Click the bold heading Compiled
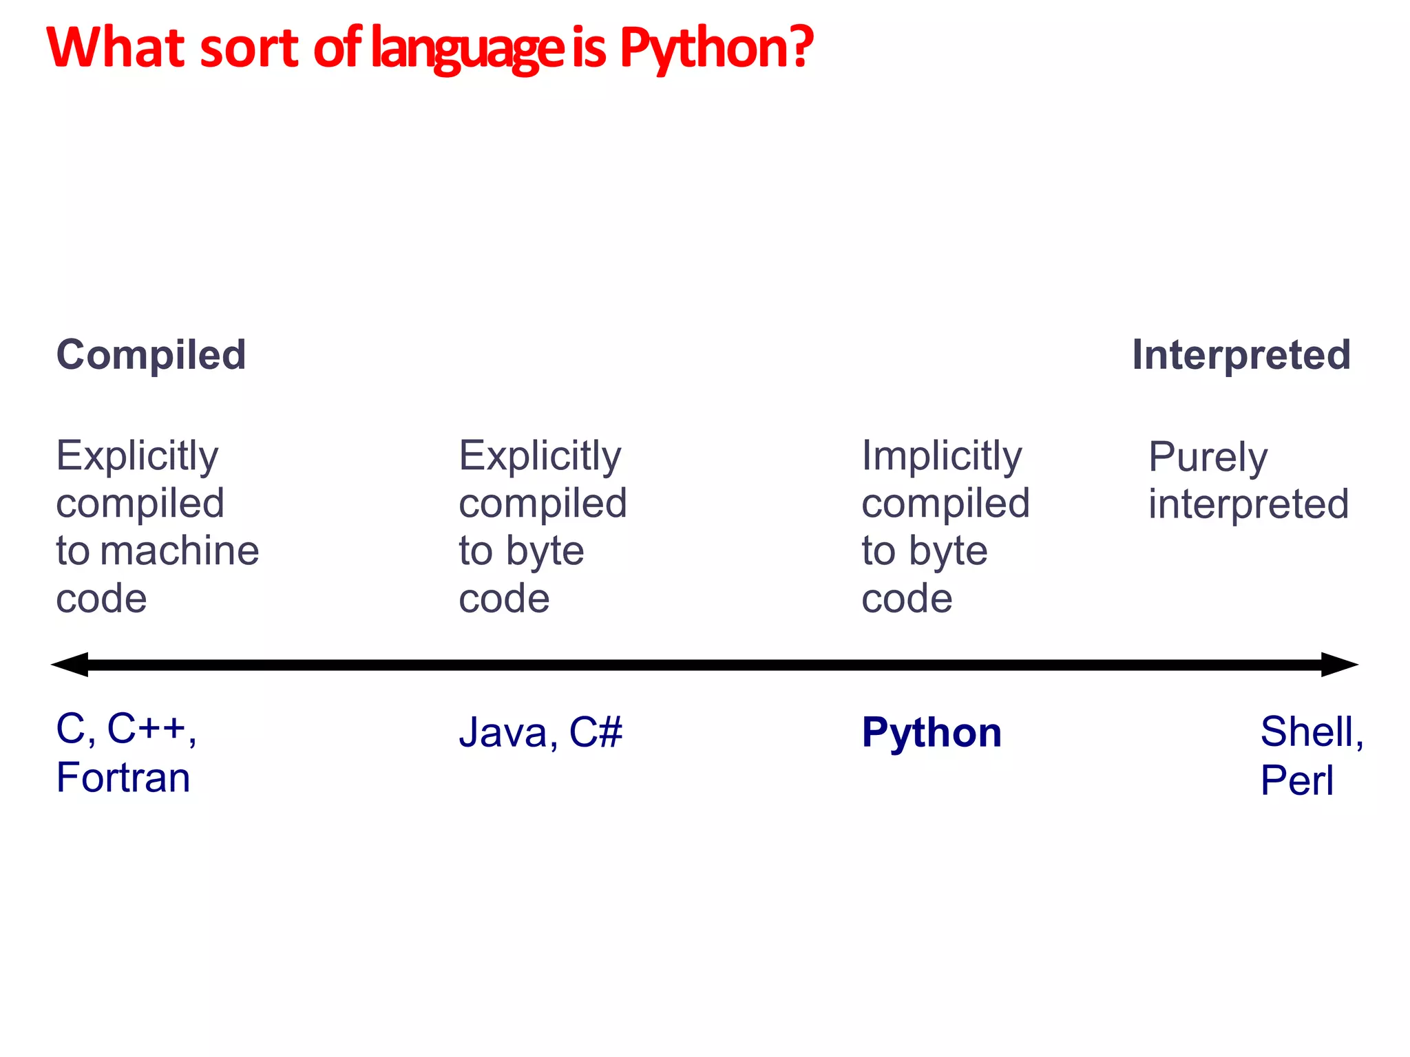pyautogui.click(x=151, y=355)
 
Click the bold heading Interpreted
pyautogui.click(x=1241, y=355)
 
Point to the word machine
pyautogui.click(x=180, y=551)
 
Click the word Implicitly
pyautogui.click(x=942, y=456)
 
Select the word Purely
pyautogui.click(x=1208, y=458)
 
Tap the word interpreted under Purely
pyautogui.click(x=1248, y=504)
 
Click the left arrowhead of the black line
pyautogui.click(x=70, y=665)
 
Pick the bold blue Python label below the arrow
pyautogui.click(x=932, y=732)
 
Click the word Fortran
pyautogui.click(x=123, y=778)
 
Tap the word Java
pyautogui.click(x=503, y=732)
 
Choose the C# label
pyautogui.click(x=596, y=732)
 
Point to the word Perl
pyautogui.click(x=1297, y=780)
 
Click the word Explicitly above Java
pyautogui.click(x=540, y=456)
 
